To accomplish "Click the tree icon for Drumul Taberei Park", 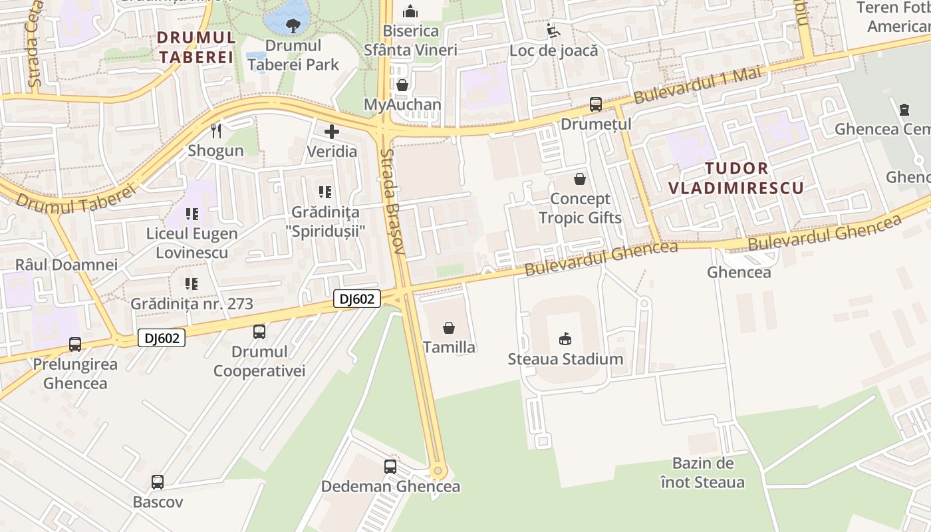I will point(291,26).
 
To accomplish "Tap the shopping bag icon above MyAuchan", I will point(402,85).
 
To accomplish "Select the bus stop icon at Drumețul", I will point(595,104).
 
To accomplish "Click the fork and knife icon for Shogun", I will point(215,130).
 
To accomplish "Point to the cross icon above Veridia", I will point(331,132).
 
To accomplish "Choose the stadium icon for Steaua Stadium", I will point(565,339).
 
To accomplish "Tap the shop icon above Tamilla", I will point(449,328).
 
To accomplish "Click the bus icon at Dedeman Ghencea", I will point(390,467).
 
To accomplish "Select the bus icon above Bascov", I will point(158,482).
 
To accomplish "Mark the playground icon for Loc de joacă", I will point(553,31).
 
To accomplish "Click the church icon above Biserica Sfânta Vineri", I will point(410,11).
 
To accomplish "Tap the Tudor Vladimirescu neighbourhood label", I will point(735,178).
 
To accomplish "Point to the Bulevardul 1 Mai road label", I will point(696,85).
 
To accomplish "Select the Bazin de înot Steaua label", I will point(703,472).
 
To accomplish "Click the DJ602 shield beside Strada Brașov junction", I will point(356,299).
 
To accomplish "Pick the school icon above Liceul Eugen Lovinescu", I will point(192,214).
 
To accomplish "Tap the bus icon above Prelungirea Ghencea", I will point(75,344).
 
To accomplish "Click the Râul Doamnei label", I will point(66,264).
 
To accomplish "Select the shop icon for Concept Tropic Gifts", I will point(580,179).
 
